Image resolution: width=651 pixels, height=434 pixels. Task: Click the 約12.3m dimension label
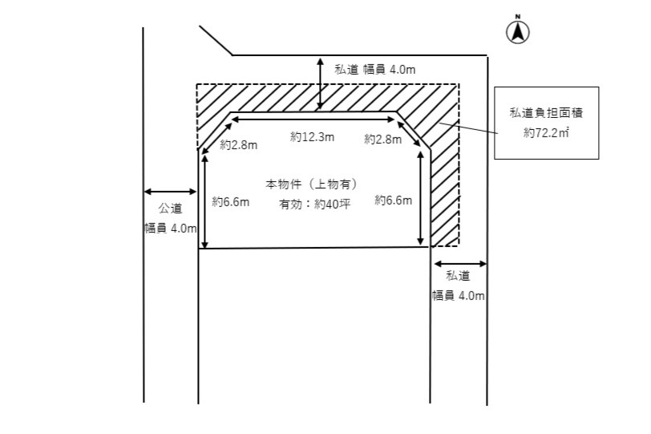point(312,138)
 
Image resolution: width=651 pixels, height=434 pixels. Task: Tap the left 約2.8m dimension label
point(239,145)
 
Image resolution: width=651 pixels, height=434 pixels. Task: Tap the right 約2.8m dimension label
point(382,140)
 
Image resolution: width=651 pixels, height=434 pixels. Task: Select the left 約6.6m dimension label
point(230,202)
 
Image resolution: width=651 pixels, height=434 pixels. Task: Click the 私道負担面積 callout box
point(546,123)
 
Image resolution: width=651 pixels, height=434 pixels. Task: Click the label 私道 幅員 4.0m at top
point(374,70)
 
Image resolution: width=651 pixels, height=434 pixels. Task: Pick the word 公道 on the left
point(170,209)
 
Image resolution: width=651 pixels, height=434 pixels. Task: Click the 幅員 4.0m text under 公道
point(170,228)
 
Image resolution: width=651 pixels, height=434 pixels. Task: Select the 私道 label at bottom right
point(458,275)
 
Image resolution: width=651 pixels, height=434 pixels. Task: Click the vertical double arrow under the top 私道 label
point(320,83)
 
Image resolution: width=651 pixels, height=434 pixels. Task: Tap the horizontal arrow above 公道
point(170,191)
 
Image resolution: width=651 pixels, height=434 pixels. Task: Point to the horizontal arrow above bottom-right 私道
point(459,263)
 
